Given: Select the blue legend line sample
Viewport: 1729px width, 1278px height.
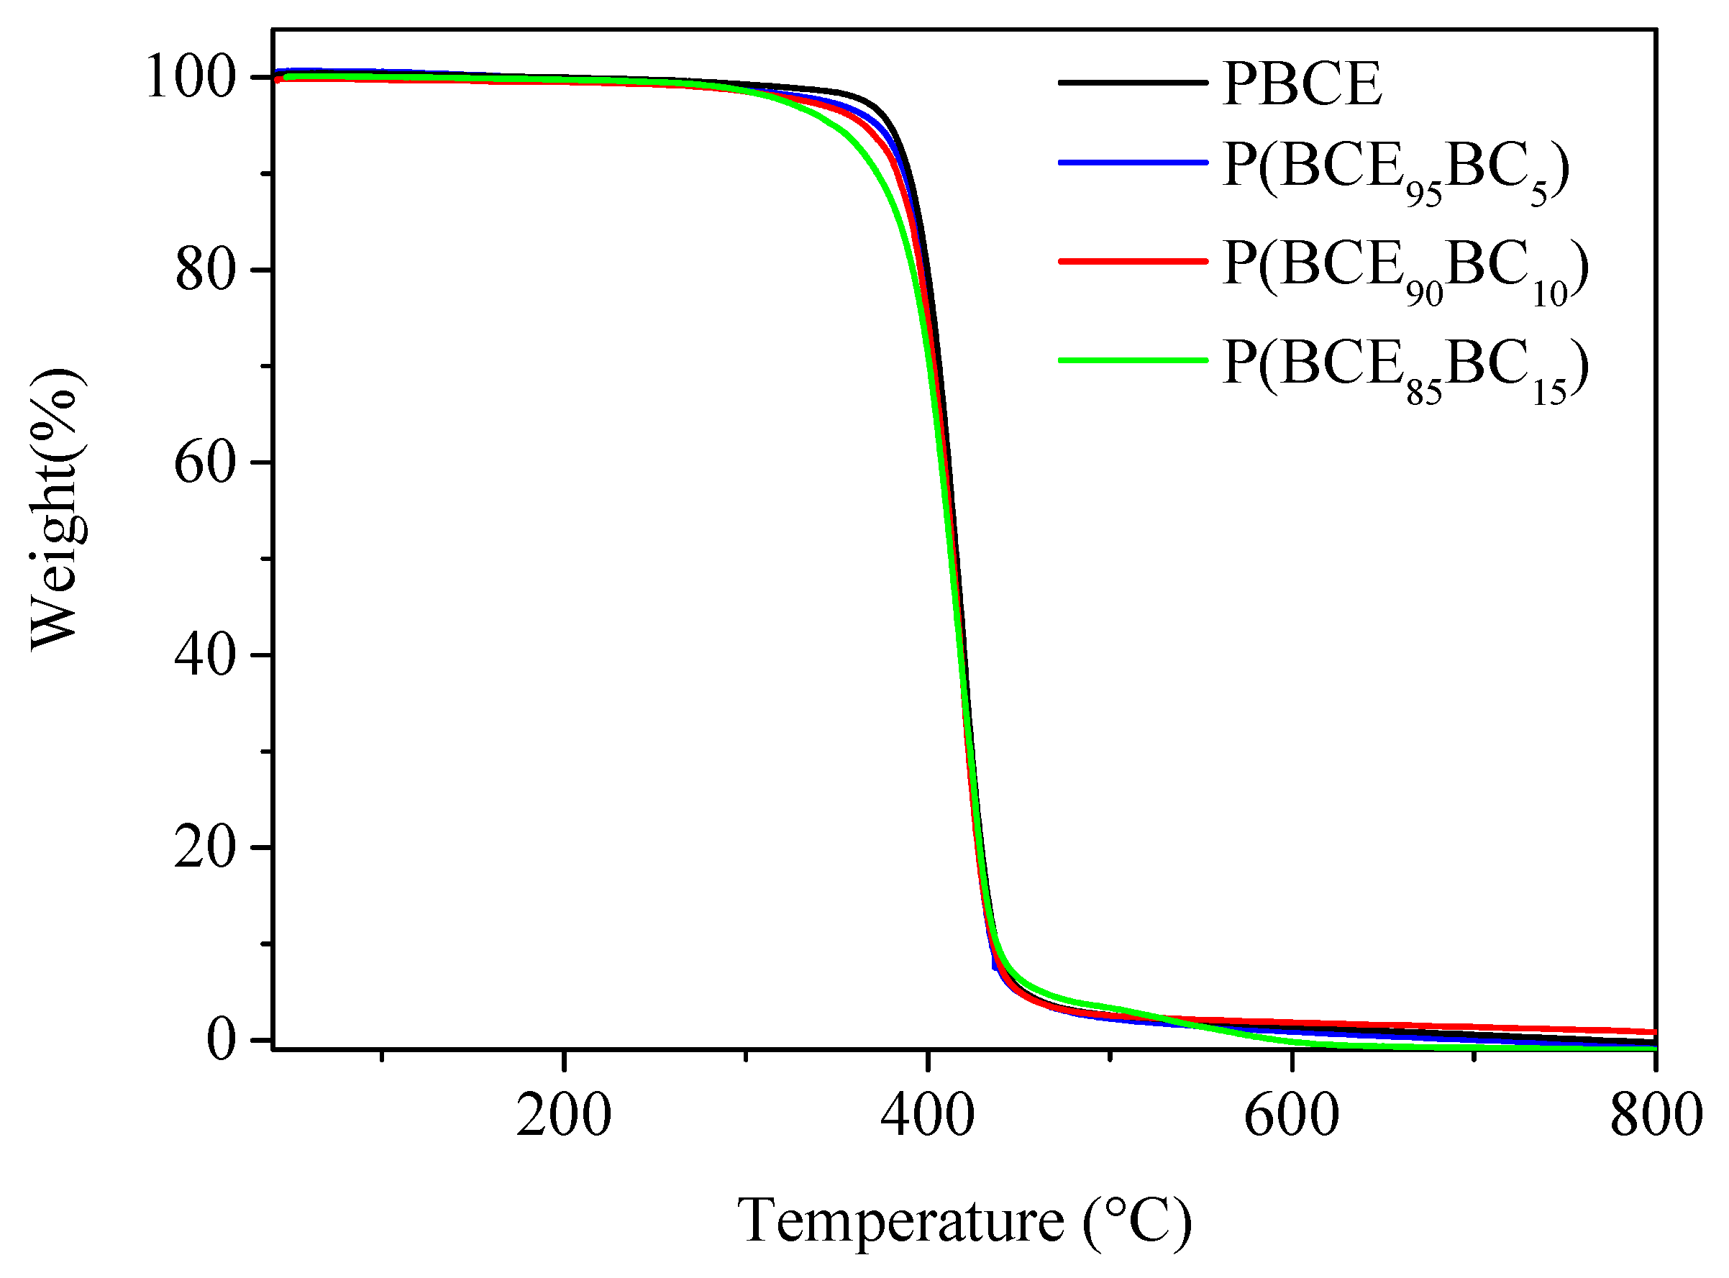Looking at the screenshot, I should click(1133, 163).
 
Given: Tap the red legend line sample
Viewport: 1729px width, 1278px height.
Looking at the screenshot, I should click(1133, 262).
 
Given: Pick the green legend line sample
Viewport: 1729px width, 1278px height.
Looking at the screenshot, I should click(1133, 360).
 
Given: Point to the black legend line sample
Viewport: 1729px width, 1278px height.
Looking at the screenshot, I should click(1133, 82).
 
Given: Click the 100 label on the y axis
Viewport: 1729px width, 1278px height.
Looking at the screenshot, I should click(191, 78).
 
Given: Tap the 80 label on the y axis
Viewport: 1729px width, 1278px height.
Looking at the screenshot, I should click(205, 270).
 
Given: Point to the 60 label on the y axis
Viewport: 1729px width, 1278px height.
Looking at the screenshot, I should click(205, 462).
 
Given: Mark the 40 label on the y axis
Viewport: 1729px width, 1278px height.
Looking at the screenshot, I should click(205, 655).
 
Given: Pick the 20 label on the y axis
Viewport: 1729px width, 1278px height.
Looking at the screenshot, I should click(205, 848).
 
